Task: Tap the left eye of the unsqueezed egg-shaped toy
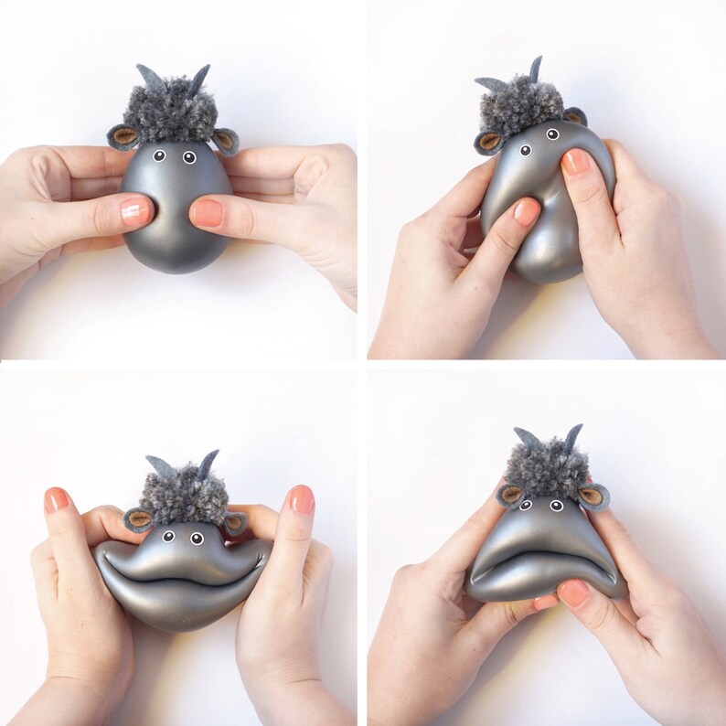coord(158,156)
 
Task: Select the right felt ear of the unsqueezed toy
coord(225,140)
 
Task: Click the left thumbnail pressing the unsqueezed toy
coord(136,211)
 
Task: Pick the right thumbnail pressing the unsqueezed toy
coord(206,212)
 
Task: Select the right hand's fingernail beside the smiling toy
coord(302,499)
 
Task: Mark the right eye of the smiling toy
coord(197,538)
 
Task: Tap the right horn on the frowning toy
coord(574,437)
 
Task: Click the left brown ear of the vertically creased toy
coord(490,141)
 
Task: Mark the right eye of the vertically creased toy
coord(551,133)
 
